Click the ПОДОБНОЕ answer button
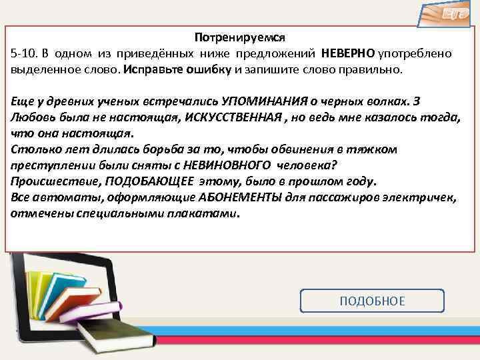[372, 301]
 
